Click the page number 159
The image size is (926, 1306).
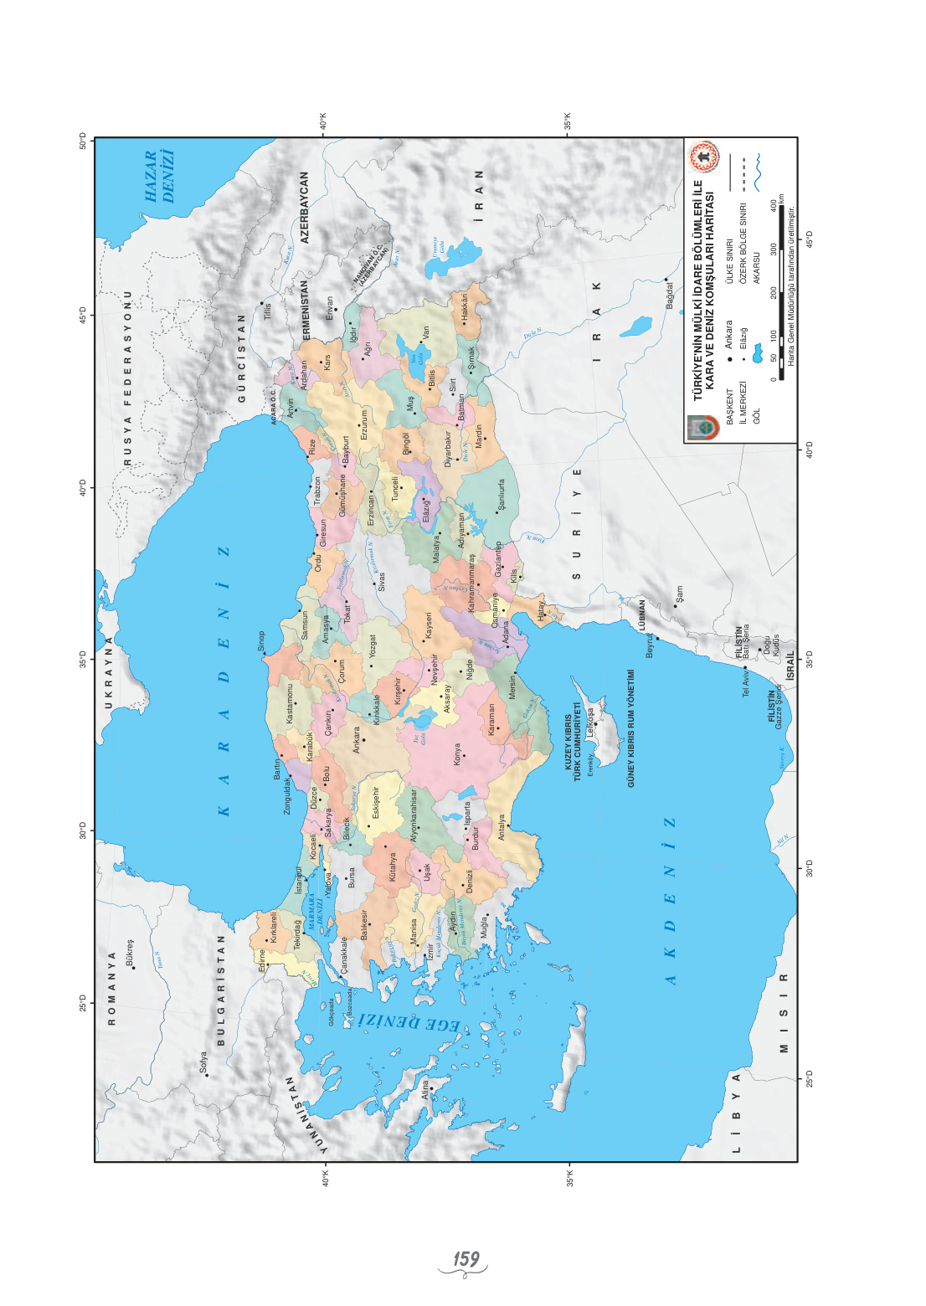tap(466, 1259)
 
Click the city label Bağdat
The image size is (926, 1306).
tap(670, 295)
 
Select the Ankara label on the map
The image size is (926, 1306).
tap(357, 740)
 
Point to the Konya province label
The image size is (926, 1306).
tap(457, 754)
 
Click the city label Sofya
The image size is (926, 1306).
tap(203, 1062)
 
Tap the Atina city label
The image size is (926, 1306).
tap(425, 1088)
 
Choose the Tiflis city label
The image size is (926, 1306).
tap(268, 311)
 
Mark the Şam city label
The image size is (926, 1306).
tap(679, 594)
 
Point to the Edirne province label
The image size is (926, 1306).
tap(262, 960)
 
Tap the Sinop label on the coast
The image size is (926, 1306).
tap(260, 641)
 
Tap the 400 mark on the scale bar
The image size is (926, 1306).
tap(773, 205)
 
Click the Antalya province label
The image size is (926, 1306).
tap(502, 827)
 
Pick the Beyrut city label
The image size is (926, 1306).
tap(650, 644)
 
